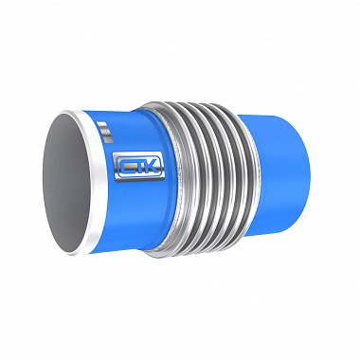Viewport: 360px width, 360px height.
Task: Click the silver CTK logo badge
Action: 139,166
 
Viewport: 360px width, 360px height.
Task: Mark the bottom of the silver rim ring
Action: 79,253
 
